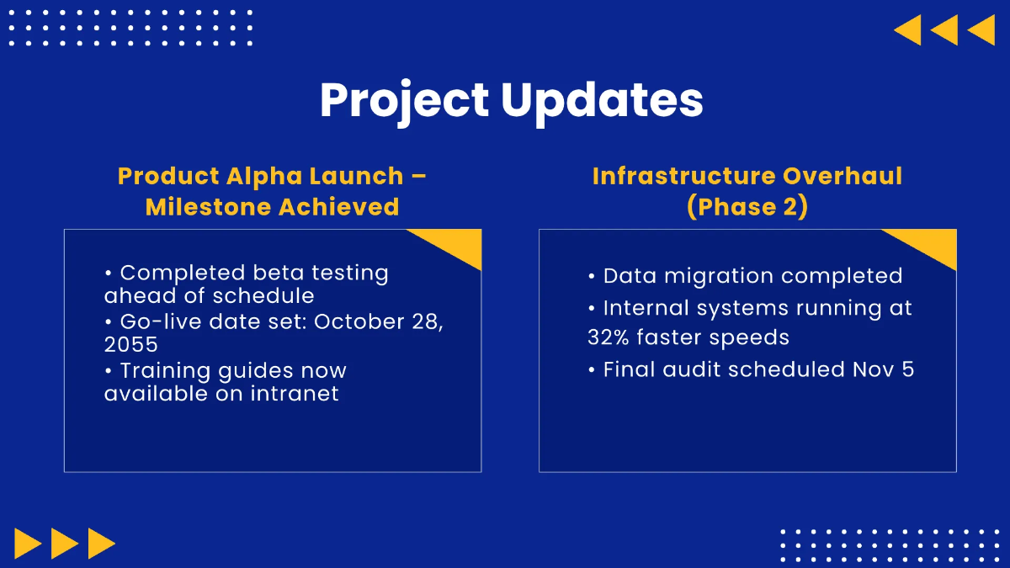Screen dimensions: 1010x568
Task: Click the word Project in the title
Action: (404, 102)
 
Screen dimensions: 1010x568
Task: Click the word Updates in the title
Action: (602, 102)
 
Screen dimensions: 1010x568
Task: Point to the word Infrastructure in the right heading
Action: (684, 175)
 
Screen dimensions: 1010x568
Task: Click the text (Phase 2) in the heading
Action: (747, 207)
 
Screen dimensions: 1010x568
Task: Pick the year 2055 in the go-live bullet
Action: (130, 344)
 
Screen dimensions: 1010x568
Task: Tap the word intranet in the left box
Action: (295, 394)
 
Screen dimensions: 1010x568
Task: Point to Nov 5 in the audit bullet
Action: (883, 369)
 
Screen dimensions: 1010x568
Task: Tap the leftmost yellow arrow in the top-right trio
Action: (907, 30)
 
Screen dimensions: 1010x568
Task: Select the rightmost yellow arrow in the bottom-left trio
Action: (102, 544)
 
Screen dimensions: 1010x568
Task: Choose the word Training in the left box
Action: (166, 371)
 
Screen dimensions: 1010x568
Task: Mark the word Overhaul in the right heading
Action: (843, 175)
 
